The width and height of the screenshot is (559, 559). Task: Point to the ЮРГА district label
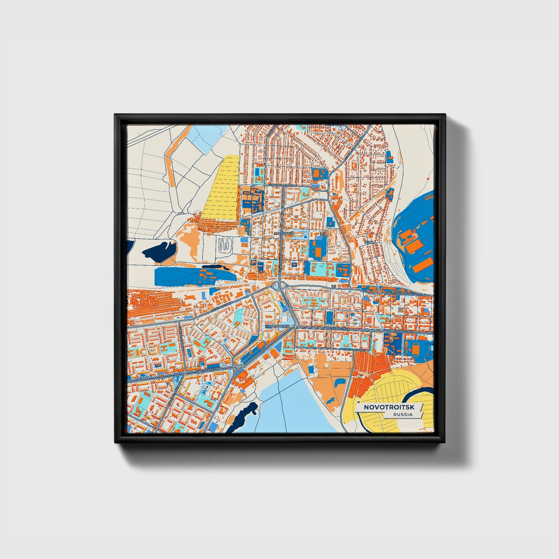click(x=369, y=242)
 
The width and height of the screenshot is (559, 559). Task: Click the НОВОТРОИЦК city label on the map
click(x=278, y=327)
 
